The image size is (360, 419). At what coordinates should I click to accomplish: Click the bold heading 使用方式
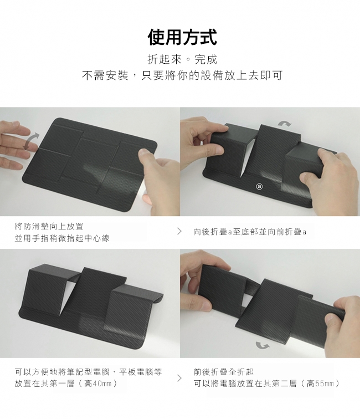pos(182,37)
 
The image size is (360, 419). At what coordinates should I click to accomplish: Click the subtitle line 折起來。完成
pos(182,59)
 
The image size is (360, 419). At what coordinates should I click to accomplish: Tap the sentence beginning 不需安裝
pos(182,75)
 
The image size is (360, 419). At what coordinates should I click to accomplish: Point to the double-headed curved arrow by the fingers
pos(31,141)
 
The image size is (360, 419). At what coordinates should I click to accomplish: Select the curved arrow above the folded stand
pos(285,123)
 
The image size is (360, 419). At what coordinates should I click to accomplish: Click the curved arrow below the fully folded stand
pos(263,345)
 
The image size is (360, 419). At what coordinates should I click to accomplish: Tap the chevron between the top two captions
pos(179,232)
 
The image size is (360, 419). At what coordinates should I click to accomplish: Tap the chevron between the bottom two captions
pos(179,378)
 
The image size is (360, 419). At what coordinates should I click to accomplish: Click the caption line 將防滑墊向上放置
pos(49,226)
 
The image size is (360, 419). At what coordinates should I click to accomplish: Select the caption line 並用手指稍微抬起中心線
pos(62,238)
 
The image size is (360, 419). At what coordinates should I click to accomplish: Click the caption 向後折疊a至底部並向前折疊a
pos(250,232)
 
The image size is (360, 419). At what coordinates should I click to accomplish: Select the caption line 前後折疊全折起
pos(224,372)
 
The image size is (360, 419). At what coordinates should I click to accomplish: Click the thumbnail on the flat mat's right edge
pos(145,153)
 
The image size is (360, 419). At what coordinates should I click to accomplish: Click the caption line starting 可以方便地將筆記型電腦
pos(89,372)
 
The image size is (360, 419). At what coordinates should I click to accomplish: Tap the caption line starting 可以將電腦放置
pos(266,384)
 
